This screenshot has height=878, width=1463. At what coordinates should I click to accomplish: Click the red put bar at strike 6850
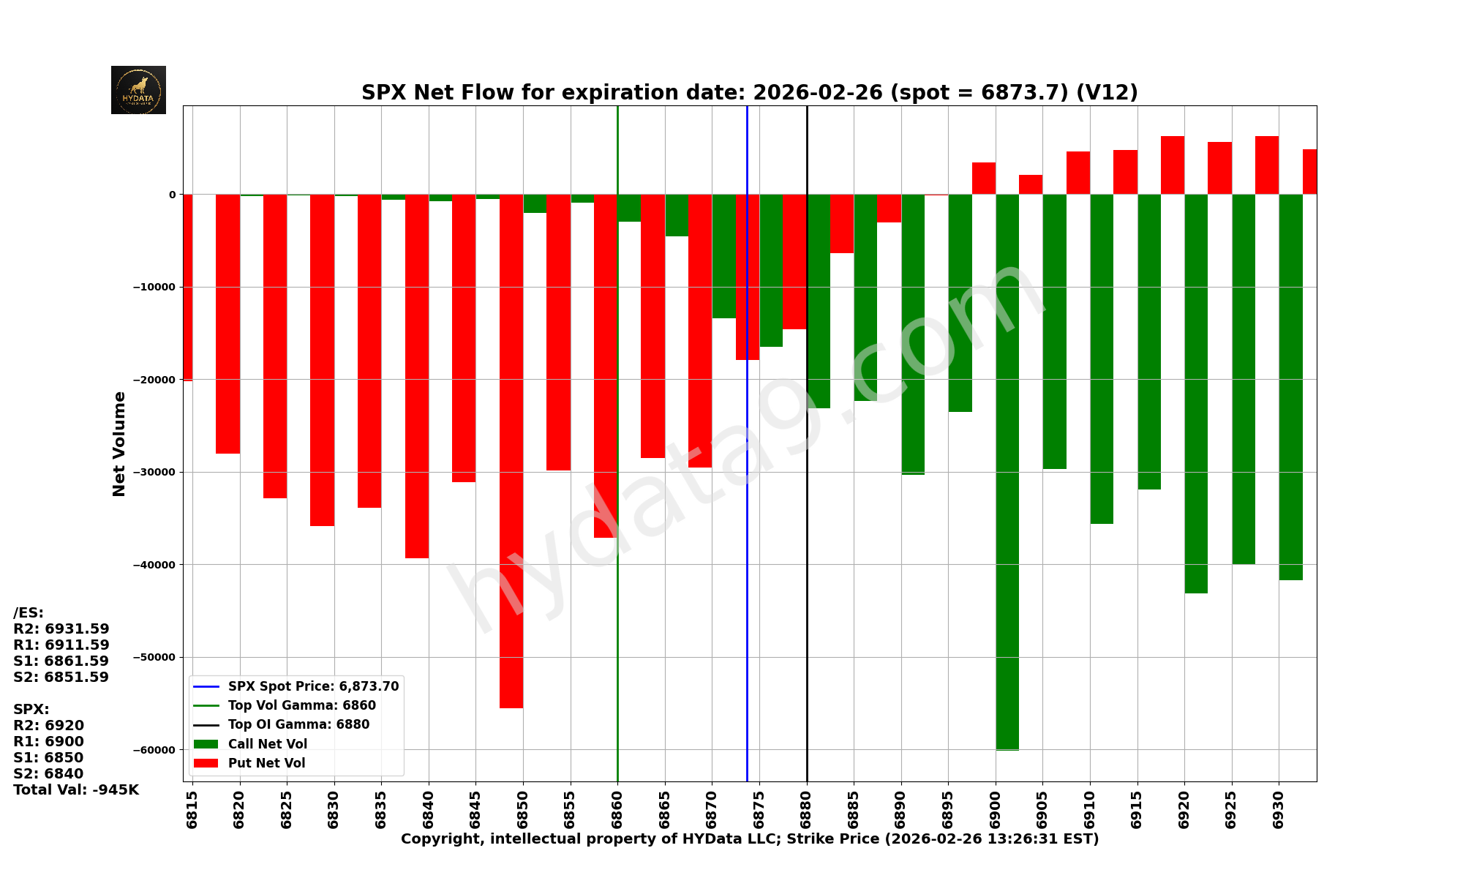[511, 450]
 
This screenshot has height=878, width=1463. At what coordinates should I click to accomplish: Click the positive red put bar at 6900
[984, 179]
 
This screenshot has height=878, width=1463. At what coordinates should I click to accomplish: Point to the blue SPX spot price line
[747, 512]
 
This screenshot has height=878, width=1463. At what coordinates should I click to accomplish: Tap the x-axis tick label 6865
[664, 809]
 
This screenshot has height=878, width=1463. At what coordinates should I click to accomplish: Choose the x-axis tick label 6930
[1278, 809]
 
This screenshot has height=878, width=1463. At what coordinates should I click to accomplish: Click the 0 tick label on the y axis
[173, 195]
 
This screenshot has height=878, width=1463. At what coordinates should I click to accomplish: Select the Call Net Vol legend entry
[267, 744]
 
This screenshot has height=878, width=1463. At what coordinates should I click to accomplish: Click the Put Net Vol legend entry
[266, 763]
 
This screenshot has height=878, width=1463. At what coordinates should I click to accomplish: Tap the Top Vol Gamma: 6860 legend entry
[301, 705]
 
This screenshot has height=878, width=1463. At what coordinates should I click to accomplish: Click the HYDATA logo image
[138, 90]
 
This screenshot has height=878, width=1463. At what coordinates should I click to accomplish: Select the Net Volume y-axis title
[119, 443]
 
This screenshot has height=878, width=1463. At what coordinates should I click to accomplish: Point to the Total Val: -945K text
[76, 790]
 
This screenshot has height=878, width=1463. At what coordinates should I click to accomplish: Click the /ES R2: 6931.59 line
[61, 629]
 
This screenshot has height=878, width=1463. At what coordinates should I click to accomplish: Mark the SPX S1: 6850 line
[48, 758]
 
